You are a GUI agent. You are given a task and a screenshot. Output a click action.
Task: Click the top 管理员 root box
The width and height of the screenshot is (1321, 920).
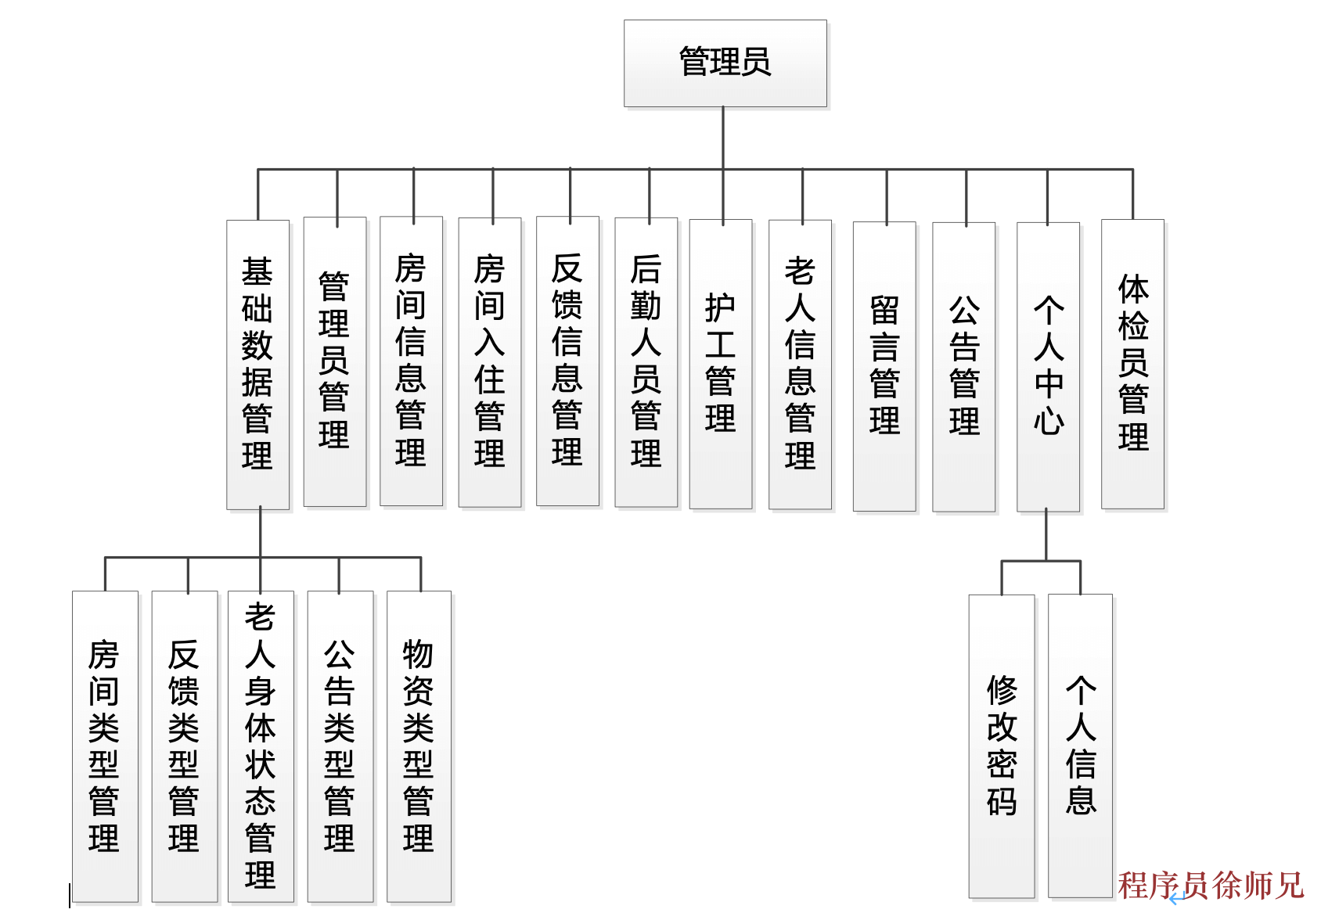(725, 63)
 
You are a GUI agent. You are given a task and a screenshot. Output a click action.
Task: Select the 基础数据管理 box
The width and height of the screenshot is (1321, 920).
(257, 364)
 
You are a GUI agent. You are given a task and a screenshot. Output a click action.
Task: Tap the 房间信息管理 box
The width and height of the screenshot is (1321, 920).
(411, 361)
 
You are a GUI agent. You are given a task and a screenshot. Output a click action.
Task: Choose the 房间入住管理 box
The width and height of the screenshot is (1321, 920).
(489, 361)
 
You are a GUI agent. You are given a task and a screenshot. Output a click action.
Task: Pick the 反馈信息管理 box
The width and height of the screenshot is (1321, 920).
(567, 361)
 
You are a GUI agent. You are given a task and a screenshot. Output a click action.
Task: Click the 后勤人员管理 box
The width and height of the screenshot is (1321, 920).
(646, 361)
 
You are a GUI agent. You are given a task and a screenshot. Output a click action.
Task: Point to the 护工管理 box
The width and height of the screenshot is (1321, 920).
(721, 364)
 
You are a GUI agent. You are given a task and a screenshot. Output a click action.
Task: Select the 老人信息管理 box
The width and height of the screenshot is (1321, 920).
(800, 364)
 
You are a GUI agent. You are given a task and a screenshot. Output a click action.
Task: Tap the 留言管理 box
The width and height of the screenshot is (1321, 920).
(884, 366)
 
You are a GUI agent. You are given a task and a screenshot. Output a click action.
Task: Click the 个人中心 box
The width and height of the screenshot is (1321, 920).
(1048, 366)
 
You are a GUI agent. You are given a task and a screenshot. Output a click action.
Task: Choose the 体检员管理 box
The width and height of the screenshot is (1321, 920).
(1132, 364)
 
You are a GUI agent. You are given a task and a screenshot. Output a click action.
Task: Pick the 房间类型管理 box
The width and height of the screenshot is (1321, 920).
(105, 746)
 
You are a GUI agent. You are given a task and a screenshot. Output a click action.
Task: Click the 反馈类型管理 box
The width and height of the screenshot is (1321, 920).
(184, 746)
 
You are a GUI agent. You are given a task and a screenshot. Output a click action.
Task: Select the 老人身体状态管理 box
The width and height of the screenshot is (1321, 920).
(261, 746)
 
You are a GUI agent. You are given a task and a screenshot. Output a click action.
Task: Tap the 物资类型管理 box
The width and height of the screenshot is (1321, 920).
(419, 746)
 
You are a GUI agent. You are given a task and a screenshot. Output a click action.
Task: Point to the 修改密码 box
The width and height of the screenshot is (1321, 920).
(1002, 746)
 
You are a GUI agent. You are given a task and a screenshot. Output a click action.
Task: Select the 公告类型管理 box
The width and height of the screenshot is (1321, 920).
(340, 746)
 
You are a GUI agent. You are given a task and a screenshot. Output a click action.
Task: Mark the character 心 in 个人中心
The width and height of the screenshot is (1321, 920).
(1049, 421)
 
